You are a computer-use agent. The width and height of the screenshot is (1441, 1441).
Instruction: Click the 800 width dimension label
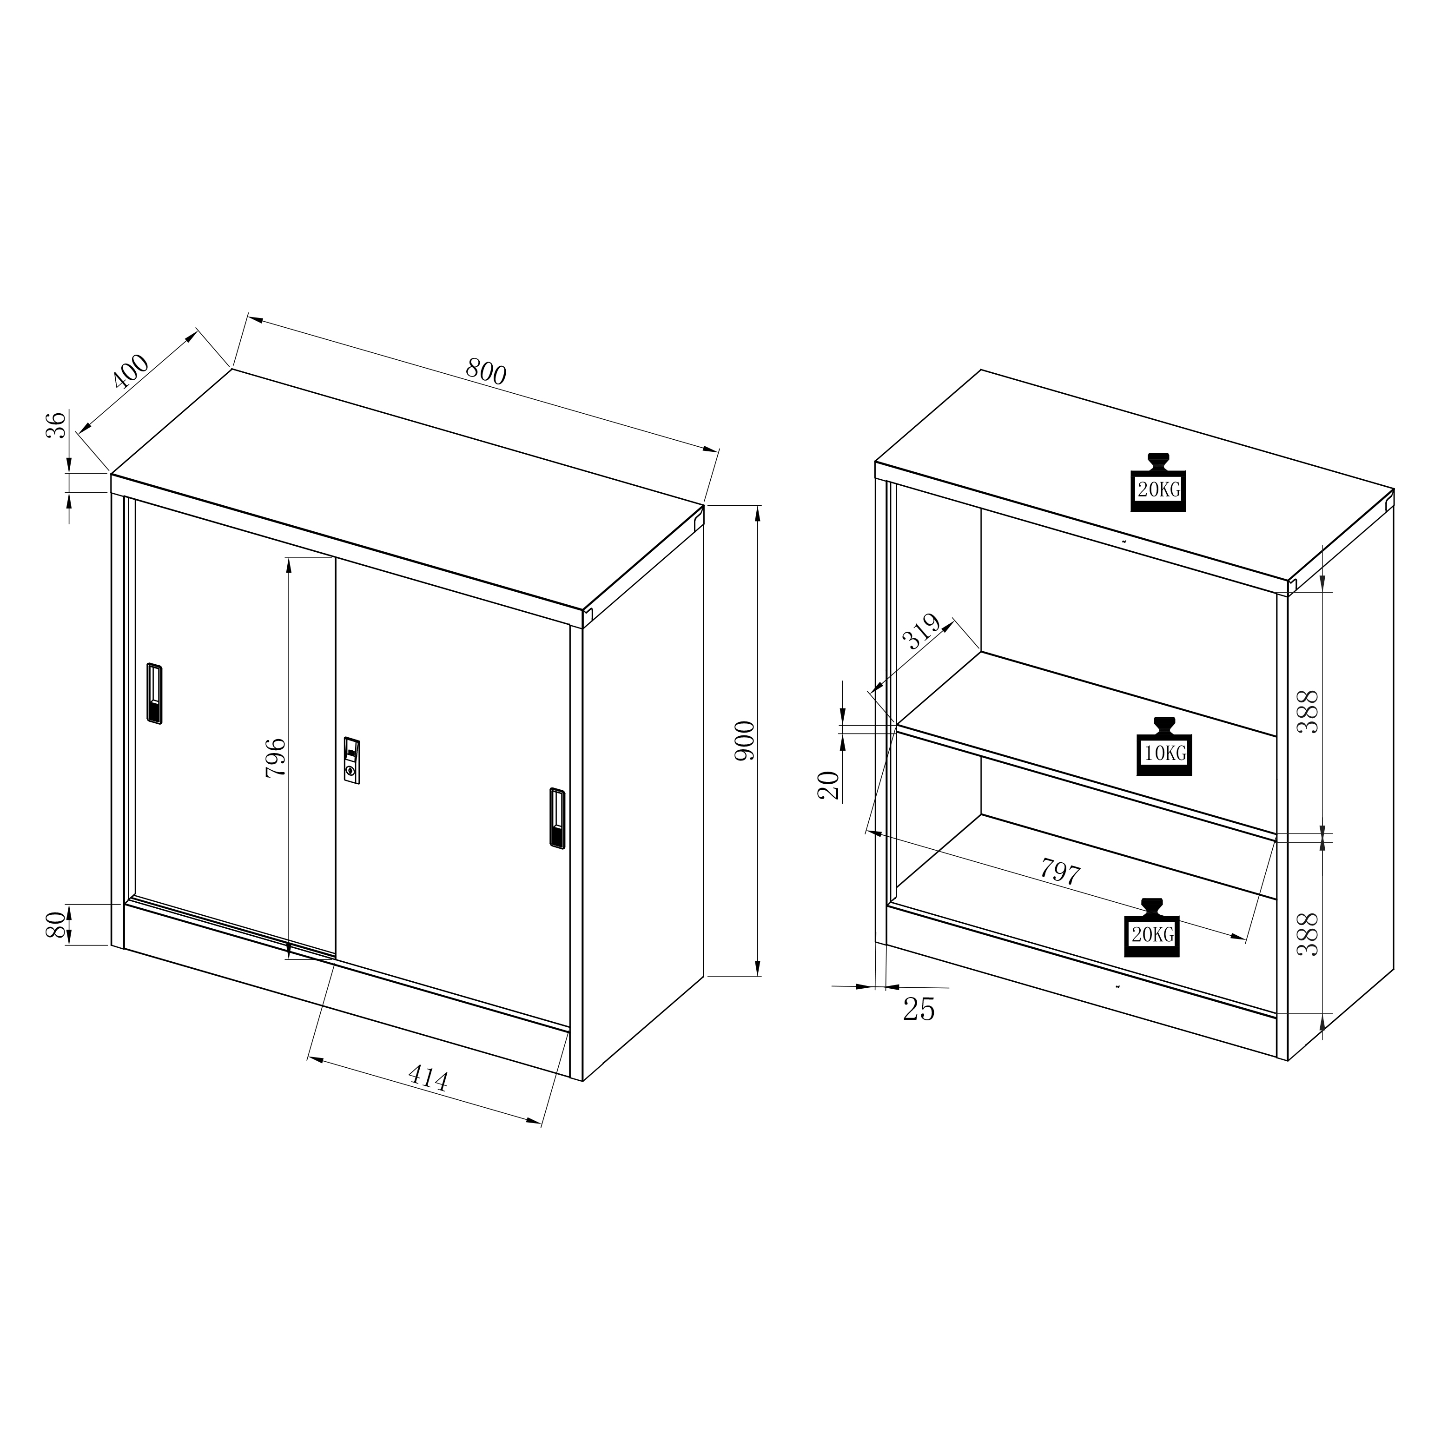coord(486,371)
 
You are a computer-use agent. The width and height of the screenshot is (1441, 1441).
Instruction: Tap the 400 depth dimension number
coord(131,372)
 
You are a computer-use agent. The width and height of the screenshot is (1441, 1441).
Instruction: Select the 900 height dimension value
coord(745,740)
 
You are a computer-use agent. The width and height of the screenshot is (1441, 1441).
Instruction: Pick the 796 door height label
coord(275,758)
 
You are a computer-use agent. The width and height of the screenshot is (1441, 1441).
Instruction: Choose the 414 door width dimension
coord(428,1078)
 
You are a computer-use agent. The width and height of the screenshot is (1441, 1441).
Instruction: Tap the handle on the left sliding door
coord(154,693)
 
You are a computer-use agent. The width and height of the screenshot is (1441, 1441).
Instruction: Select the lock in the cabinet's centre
coord(352,760)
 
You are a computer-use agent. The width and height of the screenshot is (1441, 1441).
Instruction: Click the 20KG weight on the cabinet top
coord(1158,482)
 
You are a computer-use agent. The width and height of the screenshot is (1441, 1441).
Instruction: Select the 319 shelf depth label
coord(922,632)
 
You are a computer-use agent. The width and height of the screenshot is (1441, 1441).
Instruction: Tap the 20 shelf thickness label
coord(829,786)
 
